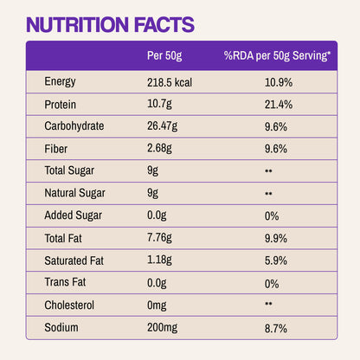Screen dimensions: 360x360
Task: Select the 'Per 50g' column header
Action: (164, 56)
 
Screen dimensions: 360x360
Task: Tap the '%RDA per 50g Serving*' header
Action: (277, 56)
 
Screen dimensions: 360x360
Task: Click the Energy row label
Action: (61, 82)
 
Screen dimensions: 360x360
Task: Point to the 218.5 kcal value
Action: (173, 82)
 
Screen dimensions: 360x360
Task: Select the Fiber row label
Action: (55, 149)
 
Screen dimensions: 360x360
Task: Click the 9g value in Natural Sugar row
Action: (153, 194)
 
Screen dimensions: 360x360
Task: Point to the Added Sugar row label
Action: (71, 216)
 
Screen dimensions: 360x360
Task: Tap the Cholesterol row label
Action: (69, 305)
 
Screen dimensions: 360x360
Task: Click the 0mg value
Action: (157, 305)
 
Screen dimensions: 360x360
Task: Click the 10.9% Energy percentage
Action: (277, 82)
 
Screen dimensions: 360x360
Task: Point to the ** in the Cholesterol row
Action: (268, 305)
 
